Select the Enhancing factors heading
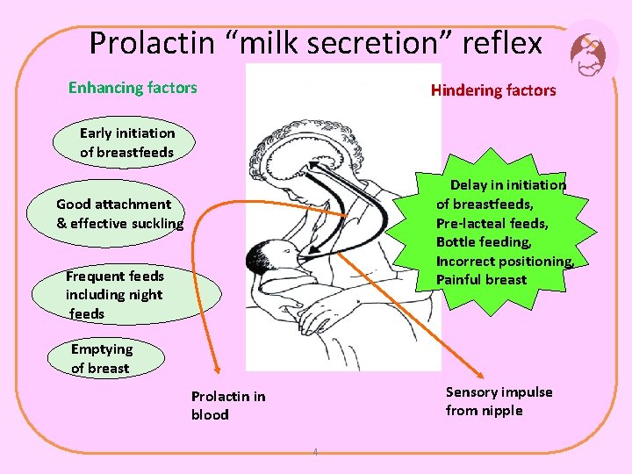[x=133, y=88]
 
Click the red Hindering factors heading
[x=493, y=90]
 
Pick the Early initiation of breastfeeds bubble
[x=127, y=143]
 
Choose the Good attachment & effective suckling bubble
[x=119, y=213]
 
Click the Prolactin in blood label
[x=228, y=406]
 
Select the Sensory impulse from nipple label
[x=499, y=401]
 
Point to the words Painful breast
[x=481, y=280]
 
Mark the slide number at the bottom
[x=316, y=453]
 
